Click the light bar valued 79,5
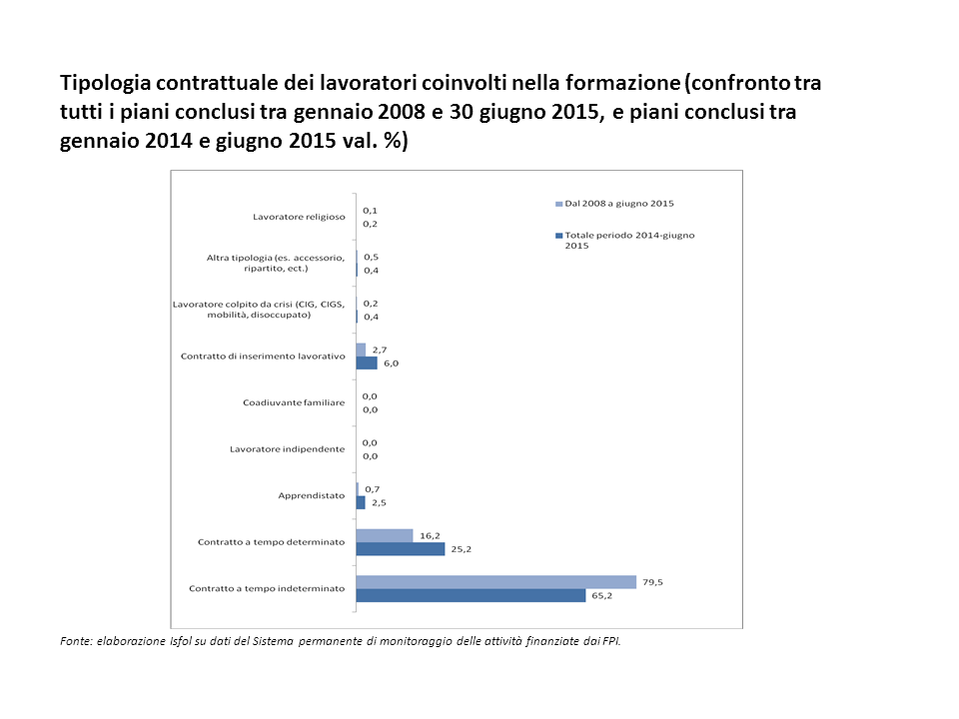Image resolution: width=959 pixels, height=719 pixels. pos(496,582)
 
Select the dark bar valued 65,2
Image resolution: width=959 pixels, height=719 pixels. pos(471,595)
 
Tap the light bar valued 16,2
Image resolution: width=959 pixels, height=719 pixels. pos(385,535)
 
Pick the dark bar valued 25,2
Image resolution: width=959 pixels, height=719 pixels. pos(401,549)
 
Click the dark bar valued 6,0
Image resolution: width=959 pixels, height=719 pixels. pos(367,363)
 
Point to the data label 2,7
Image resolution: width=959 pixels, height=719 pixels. pos(377,350)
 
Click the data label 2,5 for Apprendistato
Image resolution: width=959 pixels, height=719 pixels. pos(379,502)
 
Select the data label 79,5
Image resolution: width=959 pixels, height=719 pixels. pos(653,581)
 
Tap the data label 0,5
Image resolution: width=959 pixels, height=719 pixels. pos(371,257)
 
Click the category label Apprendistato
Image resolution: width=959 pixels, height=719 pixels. pos(311,495)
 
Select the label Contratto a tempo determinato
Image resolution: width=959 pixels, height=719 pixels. pos(271,542)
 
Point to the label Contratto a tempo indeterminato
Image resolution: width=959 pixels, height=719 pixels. pos(267,588)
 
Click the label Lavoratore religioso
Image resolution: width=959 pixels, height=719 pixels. pos(299,217)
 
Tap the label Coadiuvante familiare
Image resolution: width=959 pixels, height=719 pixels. pos(294,402)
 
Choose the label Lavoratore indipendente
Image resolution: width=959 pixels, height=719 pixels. pos(288,449)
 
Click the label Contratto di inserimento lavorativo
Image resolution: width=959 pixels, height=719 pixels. pos(263,357)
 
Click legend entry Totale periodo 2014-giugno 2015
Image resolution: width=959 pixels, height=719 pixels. pos(629,240)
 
